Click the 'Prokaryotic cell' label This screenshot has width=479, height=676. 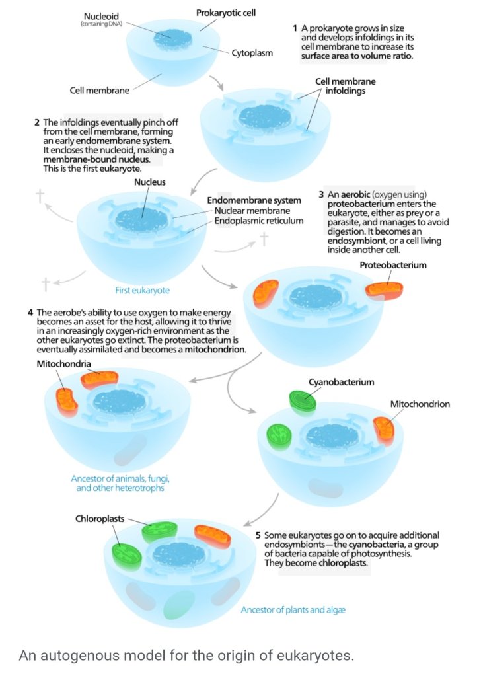pyautogui.click(x=226, y=13)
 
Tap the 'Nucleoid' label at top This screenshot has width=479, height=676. pyautogui.click(x=101, y=16)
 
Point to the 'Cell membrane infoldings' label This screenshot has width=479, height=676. pyautogui.click(x=345, y=86)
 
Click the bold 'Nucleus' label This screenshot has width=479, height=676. pyautogui.click(x=149, y=182)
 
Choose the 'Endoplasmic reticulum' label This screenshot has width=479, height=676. pyautogui.click(x=259, y=221)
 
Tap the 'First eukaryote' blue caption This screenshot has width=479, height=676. pyautogui.click(x=142, y=290)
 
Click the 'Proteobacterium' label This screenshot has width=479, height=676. pyautogui.click(x=393, y=265)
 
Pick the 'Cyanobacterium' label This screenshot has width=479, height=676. pyautogui.click(x=341, y=382)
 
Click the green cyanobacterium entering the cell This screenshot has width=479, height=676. pyautogui.click(x=303, y=400)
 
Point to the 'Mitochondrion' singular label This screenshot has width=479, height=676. pyautogui.click(x=420, y=404)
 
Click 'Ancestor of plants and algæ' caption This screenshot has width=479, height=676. pyautogui.click(x=293, y=609)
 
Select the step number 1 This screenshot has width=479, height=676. pyautogui.click(x=295, y=28)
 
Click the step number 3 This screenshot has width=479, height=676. pyautogui.click(x=321, y=194)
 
